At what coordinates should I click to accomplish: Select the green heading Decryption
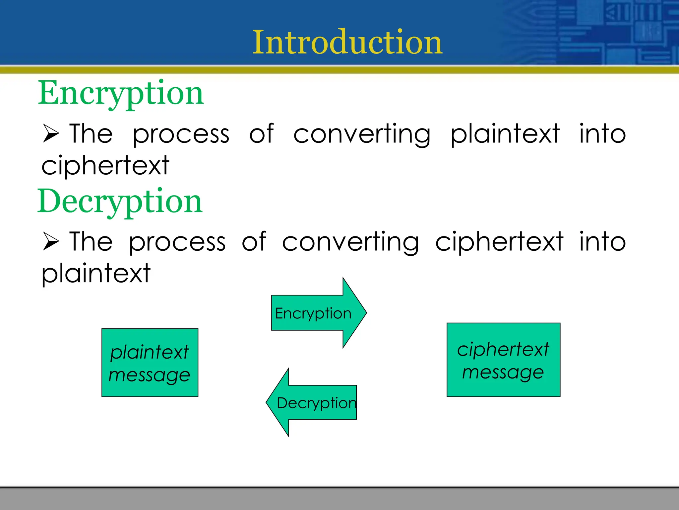tap(120, 201)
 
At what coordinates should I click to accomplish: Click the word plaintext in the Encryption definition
tap(505, 134)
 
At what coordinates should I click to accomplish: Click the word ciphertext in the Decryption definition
tap(499, 242)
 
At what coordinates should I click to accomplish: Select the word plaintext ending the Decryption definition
tap(96, 273)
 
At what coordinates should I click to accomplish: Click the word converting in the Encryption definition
tap(362, 134)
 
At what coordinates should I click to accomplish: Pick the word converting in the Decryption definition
tap(350, 242)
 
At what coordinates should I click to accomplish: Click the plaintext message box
tap(150, 363)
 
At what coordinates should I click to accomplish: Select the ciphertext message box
tap(503, 360)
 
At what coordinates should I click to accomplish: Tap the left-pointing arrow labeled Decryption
tap(312, 402)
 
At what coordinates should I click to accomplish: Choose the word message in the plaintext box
tap(149, 376)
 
